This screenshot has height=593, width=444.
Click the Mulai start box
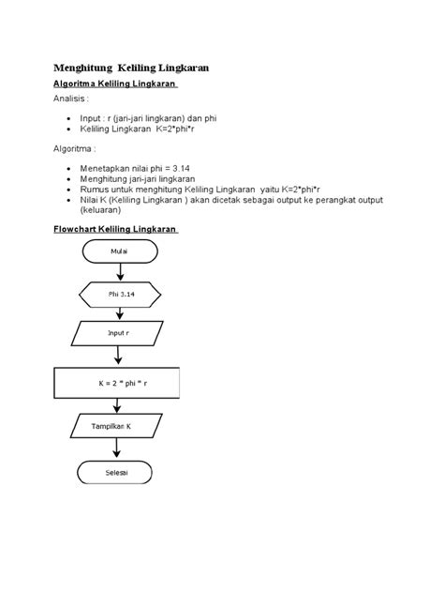pos(117,251)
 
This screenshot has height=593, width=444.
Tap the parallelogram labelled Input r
pos(117,333)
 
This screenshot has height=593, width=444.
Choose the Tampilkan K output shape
pos(117,425)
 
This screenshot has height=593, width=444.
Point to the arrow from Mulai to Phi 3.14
pos(118,271)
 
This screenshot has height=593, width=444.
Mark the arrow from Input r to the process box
pos(118,357)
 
